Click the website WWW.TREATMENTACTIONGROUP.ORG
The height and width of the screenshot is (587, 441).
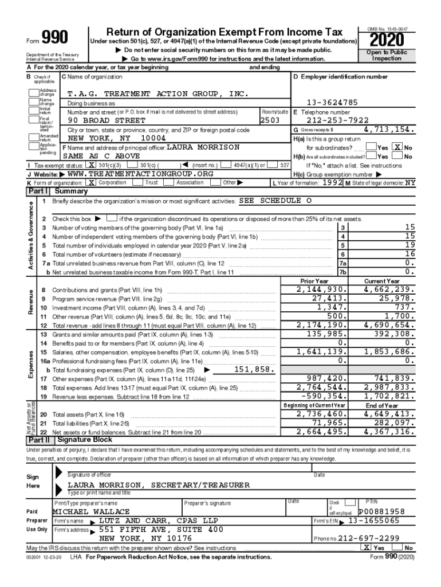point(140,174)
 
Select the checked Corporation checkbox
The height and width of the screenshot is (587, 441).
point(92,182)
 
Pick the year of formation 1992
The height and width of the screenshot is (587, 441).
point(331,182)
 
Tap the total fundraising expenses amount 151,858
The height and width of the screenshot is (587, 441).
point(254,370)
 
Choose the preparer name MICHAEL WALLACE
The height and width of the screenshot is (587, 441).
point(92,511)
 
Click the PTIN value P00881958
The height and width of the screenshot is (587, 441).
point(381,511)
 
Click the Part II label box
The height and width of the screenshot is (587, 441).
point(39,440)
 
